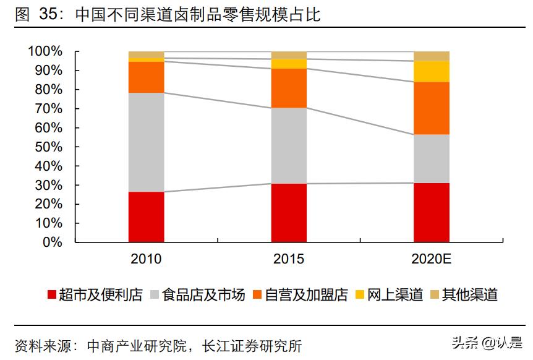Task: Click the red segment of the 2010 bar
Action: click(146, 216)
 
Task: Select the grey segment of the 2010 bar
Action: click(146, 142)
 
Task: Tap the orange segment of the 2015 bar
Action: click(289, 88)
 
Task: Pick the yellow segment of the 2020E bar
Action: click(432, 71)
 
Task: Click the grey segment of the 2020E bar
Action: click(432, 158)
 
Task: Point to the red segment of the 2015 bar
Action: click(289, 212)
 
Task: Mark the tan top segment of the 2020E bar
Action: click(432, 56)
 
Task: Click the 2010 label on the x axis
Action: click(146, 259)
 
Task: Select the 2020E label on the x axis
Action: click(432, 259)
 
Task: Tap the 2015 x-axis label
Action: click(289, 259)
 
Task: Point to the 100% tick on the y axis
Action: click(45, 51)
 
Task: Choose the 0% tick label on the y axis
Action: click(52, 242)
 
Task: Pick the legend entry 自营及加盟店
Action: click(306, 295)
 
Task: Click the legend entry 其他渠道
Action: click(470, 295)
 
